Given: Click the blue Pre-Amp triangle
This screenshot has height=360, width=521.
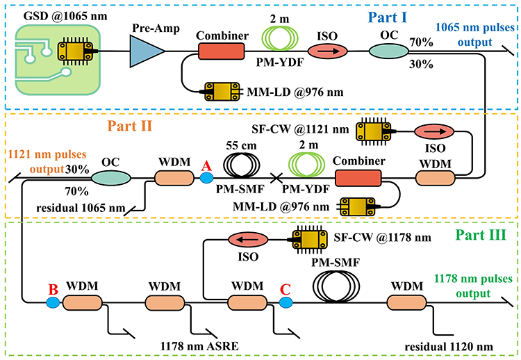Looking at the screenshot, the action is (144, 51).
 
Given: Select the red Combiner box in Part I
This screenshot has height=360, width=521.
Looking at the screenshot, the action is (222, 51).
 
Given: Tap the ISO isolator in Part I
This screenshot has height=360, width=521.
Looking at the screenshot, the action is (327, 51).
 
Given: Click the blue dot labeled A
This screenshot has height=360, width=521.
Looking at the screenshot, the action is (206, 178).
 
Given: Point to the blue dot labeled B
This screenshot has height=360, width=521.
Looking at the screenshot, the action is (53, 302).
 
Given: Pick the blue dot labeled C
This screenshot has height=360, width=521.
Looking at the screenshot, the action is (286, 302).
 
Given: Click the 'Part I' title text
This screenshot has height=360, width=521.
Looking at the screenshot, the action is (388, 17).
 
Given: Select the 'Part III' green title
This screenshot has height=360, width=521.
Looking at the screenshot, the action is (481, 235).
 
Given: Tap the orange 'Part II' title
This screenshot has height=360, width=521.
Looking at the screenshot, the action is (130, 126).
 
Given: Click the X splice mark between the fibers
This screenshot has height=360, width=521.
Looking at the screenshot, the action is (276, 178).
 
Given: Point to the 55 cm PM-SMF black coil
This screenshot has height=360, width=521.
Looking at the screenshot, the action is (242, 164).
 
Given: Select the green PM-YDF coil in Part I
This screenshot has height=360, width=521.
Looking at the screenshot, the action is (280, 38).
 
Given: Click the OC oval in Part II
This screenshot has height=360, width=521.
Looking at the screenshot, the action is (111, 178).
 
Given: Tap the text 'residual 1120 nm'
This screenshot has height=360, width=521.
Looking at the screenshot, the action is (449, 347).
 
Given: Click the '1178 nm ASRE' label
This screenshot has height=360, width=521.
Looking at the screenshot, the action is (199, 346).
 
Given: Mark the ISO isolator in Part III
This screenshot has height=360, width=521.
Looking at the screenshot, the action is (248, 240).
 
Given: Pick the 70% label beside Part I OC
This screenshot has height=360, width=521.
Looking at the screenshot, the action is (421, 42).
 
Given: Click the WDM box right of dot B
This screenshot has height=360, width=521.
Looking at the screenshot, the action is (83, 302).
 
